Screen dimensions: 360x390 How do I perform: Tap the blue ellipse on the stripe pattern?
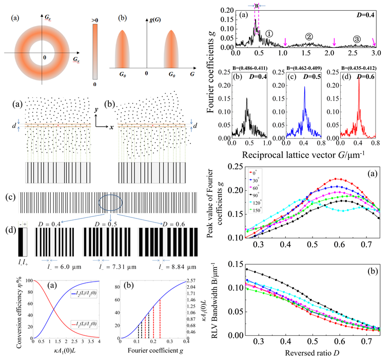(x=112, y=203)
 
